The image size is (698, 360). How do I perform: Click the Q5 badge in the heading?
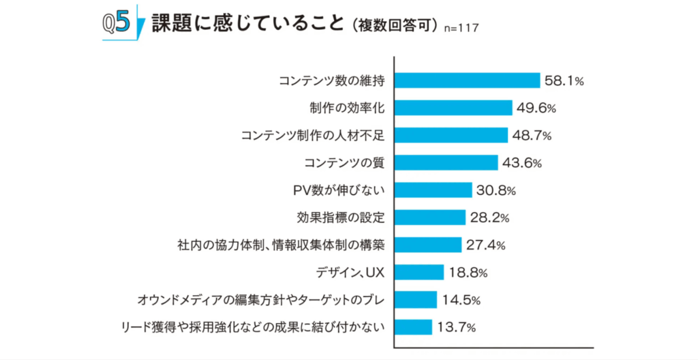tap(117, 22)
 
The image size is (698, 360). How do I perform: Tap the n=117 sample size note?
tap(461, 28)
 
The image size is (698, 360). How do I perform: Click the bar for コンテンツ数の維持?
tap(467, 80)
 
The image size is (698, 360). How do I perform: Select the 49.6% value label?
tap(536, 108)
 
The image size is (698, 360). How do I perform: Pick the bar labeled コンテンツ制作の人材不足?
tap(451, 136)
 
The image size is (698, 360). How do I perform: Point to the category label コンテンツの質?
tap(344, 163)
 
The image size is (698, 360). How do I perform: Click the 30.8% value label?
tap(496, 190)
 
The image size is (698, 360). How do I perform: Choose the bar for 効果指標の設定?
tap(430, 217)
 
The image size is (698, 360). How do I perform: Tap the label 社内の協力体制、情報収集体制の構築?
tap(281, 245)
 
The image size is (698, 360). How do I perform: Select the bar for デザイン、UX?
tap(419, 272)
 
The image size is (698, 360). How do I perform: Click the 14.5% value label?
tap(461, 300)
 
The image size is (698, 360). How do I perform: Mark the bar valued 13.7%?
tap(413, 327)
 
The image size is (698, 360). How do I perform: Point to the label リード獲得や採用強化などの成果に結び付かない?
tap(253, 327)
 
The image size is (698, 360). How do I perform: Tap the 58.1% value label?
tap(564, 80)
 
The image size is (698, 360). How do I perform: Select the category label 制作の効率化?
tap(347, 108)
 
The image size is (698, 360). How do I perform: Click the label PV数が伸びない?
tap(339, 190)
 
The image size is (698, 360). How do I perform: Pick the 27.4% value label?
tap(485, 245)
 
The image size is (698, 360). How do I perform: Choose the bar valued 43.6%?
tap(446, 163)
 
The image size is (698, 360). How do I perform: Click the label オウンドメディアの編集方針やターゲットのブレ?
tap(261, 300)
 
